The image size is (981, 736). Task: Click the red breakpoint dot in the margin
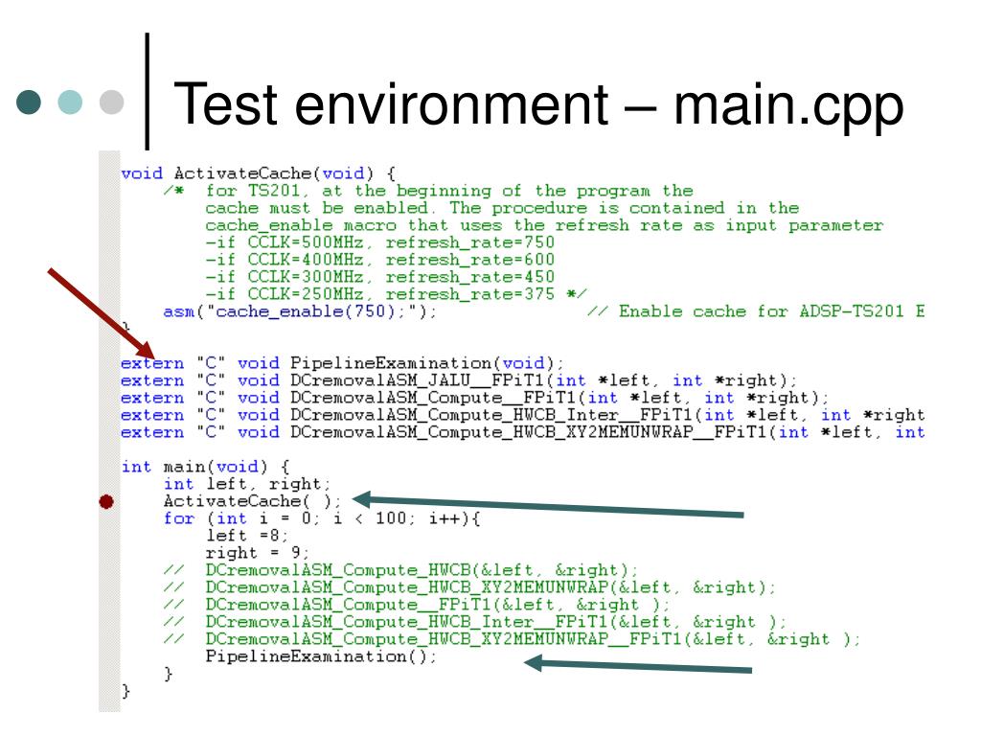(106, 501)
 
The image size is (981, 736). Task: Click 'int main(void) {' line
(191, 467)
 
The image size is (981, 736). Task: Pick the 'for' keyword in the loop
(178, 518)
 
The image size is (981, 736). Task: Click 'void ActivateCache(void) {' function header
(258, 173)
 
